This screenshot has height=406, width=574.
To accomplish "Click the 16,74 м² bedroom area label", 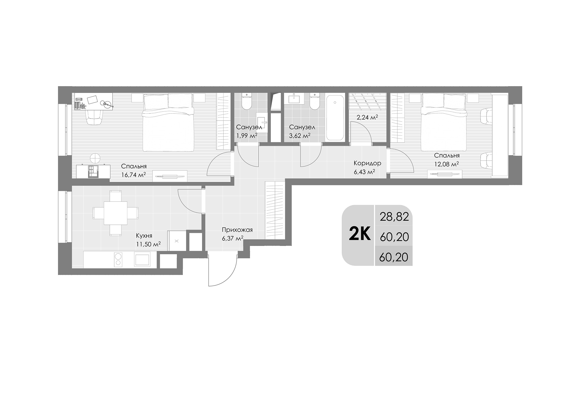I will [x=133, y=175].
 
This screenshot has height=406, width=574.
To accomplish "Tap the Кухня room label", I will [x=144, y=236].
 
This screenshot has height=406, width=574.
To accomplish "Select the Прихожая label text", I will [x=237, y=230].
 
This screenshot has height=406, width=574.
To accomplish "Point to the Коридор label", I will [x=367, y=163].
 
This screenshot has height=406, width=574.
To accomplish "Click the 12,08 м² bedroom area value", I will [x=446, y=164].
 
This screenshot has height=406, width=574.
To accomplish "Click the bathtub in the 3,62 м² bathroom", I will [x=335, y=118].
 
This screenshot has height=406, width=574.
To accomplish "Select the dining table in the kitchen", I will [x=115, y=213].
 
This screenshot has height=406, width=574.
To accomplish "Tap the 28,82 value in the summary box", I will [x=394, y=217].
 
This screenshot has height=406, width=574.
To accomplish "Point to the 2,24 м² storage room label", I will [x=367, y=118].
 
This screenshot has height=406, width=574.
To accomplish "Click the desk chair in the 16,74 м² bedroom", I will [x=94, y=118].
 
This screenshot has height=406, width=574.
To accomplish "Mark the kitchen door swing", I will [x=190, y=201].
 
